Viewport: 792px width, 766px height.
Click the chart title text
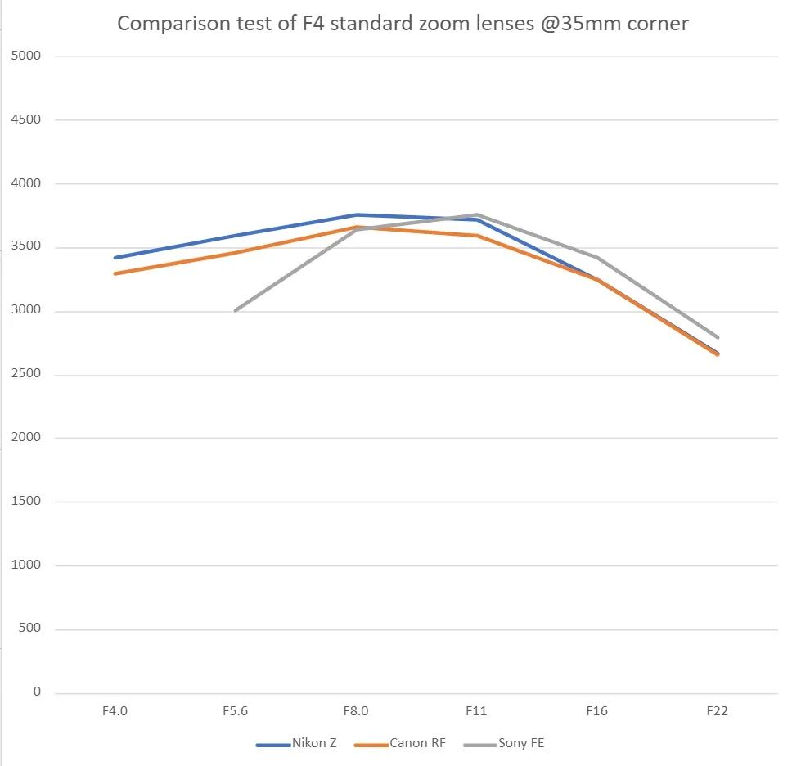(403, 23)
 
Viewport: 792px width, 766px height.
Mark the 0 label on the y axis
(37, 692)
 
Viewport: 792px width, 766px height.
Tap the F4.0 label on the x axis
(115, 711)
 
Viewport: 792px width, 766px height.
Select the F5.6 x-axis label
(235, 711)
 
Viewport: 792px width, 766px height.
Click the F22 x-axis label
(718, 711)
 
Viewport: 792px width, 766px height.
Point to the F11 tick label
(476, 711)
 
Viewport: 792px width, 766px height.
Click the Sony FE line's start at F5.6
(235, 311)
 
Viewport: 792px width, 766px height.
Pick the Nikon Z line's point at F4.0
(115, 258)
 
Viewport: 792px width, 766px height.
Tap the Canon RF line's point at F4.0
(115, 273)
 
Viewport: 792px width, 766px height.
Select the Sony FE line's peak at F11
(477, 214)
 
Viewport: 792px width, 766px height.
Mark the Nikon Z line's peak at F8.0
(357, 214)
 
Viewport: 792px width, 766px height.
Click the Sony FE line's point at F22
(718, 337)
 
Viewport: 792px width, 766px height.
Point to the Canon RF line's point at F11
(477, 236)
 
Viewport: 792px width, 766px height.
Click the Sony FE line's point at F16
(597, 258)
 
